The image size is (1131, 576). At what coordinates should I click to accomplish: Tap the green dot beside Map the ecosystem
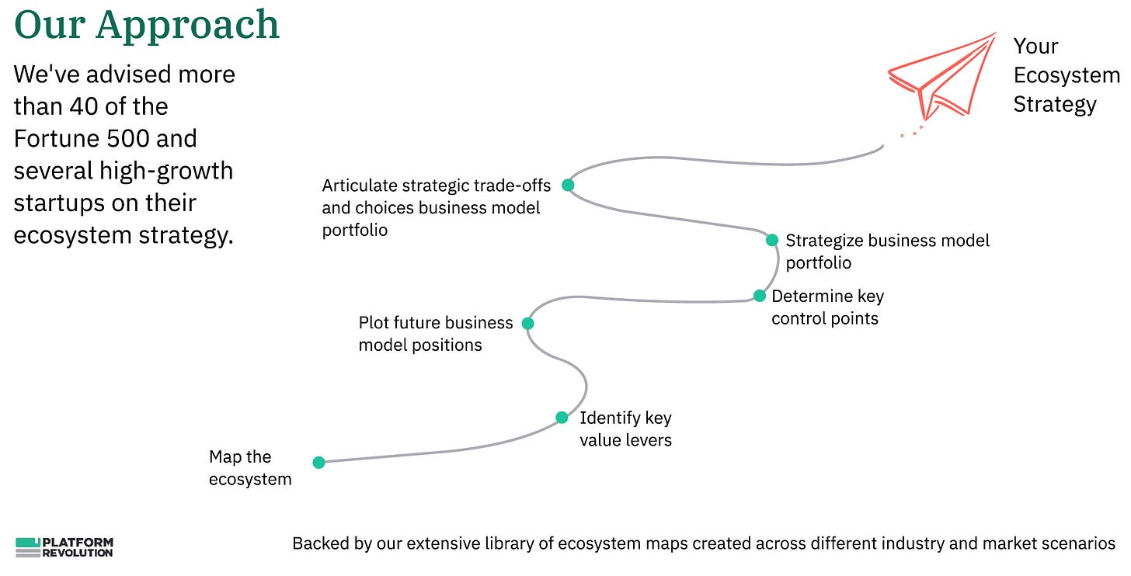coord(318,463)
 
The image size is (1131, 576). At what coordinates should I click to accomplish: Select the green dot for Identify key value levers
coord(562,418)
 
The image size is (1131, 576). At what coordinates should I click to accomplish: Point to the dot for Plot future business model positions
coord(527,323)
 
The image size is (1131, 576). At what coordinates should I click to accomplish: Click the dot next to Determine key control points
coord(760,296)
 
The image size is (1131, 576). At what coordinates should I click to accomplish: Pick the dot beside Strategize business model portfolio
coord(772,240)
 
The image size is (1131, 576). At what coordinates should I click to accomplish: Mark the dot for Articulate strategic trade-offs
coord(568,185)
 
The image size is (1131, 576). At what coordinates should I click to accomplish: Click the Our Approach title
coord(147,25)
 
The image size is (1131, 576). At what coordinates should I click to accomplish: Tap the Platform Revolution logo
coord(64,547)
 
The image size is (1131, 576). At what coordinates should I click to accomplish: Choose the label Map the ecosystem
coord(250,468)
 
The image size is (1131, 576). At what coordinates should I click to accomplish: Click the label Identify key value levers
coord(625,429)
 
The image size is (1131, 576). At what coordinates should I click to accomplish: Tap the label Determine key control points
coord(826,307)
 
